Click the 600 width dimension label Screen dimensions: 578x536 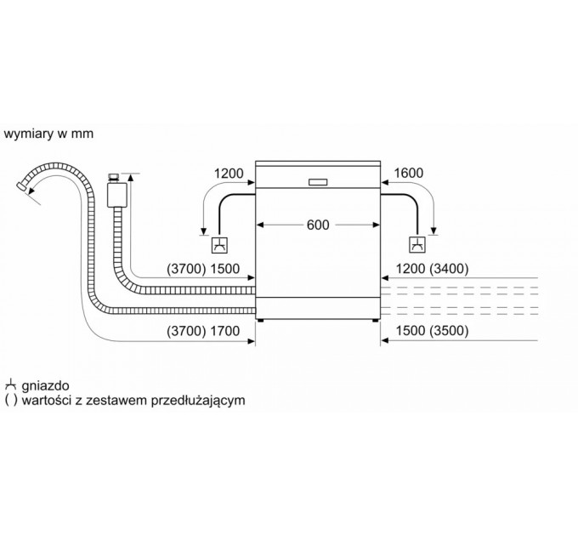[318, 225]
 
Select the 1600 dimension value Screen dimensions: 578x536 [409, 173]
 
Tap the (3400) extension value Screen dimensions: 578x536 [449, 269]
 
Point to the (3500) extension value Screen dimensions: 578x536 [449, 330]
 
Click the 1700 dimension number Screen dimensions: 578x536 [225, 331]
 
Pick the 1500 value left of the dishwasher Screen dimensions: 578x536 [225, 269]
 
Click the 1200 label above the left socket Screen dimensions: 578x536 [229, 173]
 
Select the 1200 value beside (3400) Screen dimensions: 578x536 [411, 269]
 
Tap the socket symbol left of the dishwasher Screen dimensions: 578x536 [219, 245]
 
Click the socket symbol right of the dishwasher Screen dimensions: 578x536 [417, 245]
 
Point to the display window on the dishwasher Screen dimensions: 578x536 [318, 182]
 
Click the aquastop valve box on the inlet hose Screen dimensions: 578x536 [116, 195]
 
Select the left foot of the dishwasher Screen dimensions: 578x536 [261, 321]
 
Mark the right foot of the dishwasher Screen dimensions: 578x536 [375, 321]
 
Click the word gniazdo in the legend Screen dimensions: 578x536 [45, 385]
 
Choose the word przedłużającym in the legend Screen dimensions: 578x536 [198, 400]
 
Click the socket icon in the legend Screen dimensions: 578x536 [10, 385]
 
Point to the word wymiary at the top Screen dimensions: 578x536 [28, 134]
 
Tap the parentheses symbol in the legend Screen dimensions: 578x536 [11, 400]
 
